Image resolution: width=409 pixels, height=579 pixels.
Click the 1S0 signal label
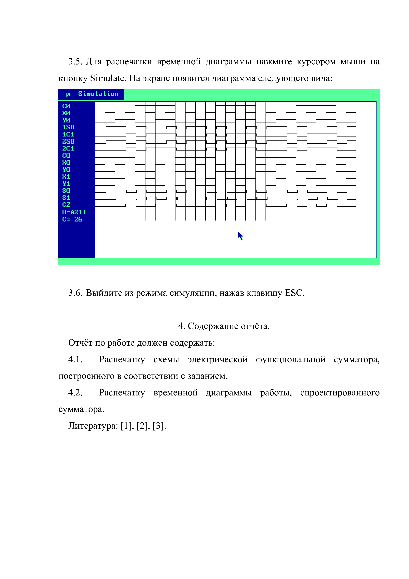(x=68, y=127)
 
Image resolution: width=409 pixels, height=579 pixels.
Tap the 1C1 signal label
(x=68, y=134)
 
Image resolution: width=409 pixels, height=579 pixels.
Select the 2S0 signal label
(x=68, y=141)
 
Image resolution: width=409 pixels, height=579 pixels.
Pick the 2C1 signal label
(x=68, y=149)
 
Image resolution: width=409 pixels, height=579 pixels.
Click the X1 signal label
(x=66, y=177)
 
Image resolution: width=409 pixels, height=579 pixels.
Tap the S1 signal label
(x=66, y=198)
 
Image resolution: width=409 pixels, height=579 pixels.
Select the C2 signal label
(x=66, y=205)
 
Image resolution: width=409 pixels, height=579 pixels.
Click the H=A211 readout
(x=74, y=212)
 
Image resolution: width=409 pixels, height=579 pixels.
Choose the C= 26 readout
(x=72, y=219)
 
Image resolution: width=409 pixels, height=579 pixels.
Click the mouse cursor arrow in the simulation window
(x=240, y=236)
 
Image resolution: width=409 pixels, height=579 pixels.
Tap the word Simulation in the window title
(x=98, y=94)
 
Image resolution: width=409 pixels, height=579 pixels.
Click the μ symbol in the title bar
(x=68, y=94)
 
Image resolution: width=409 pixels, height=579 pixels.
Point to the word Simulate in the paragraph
(x=107, y=78)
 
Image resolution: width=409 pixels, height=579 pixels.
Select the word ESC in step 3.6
(x=294, y=293)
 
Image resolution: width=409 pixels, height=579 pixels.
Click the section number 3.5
(x=75, y=62)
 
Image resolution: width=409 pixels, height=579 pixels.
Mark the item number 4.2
(x=75, y=393)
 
